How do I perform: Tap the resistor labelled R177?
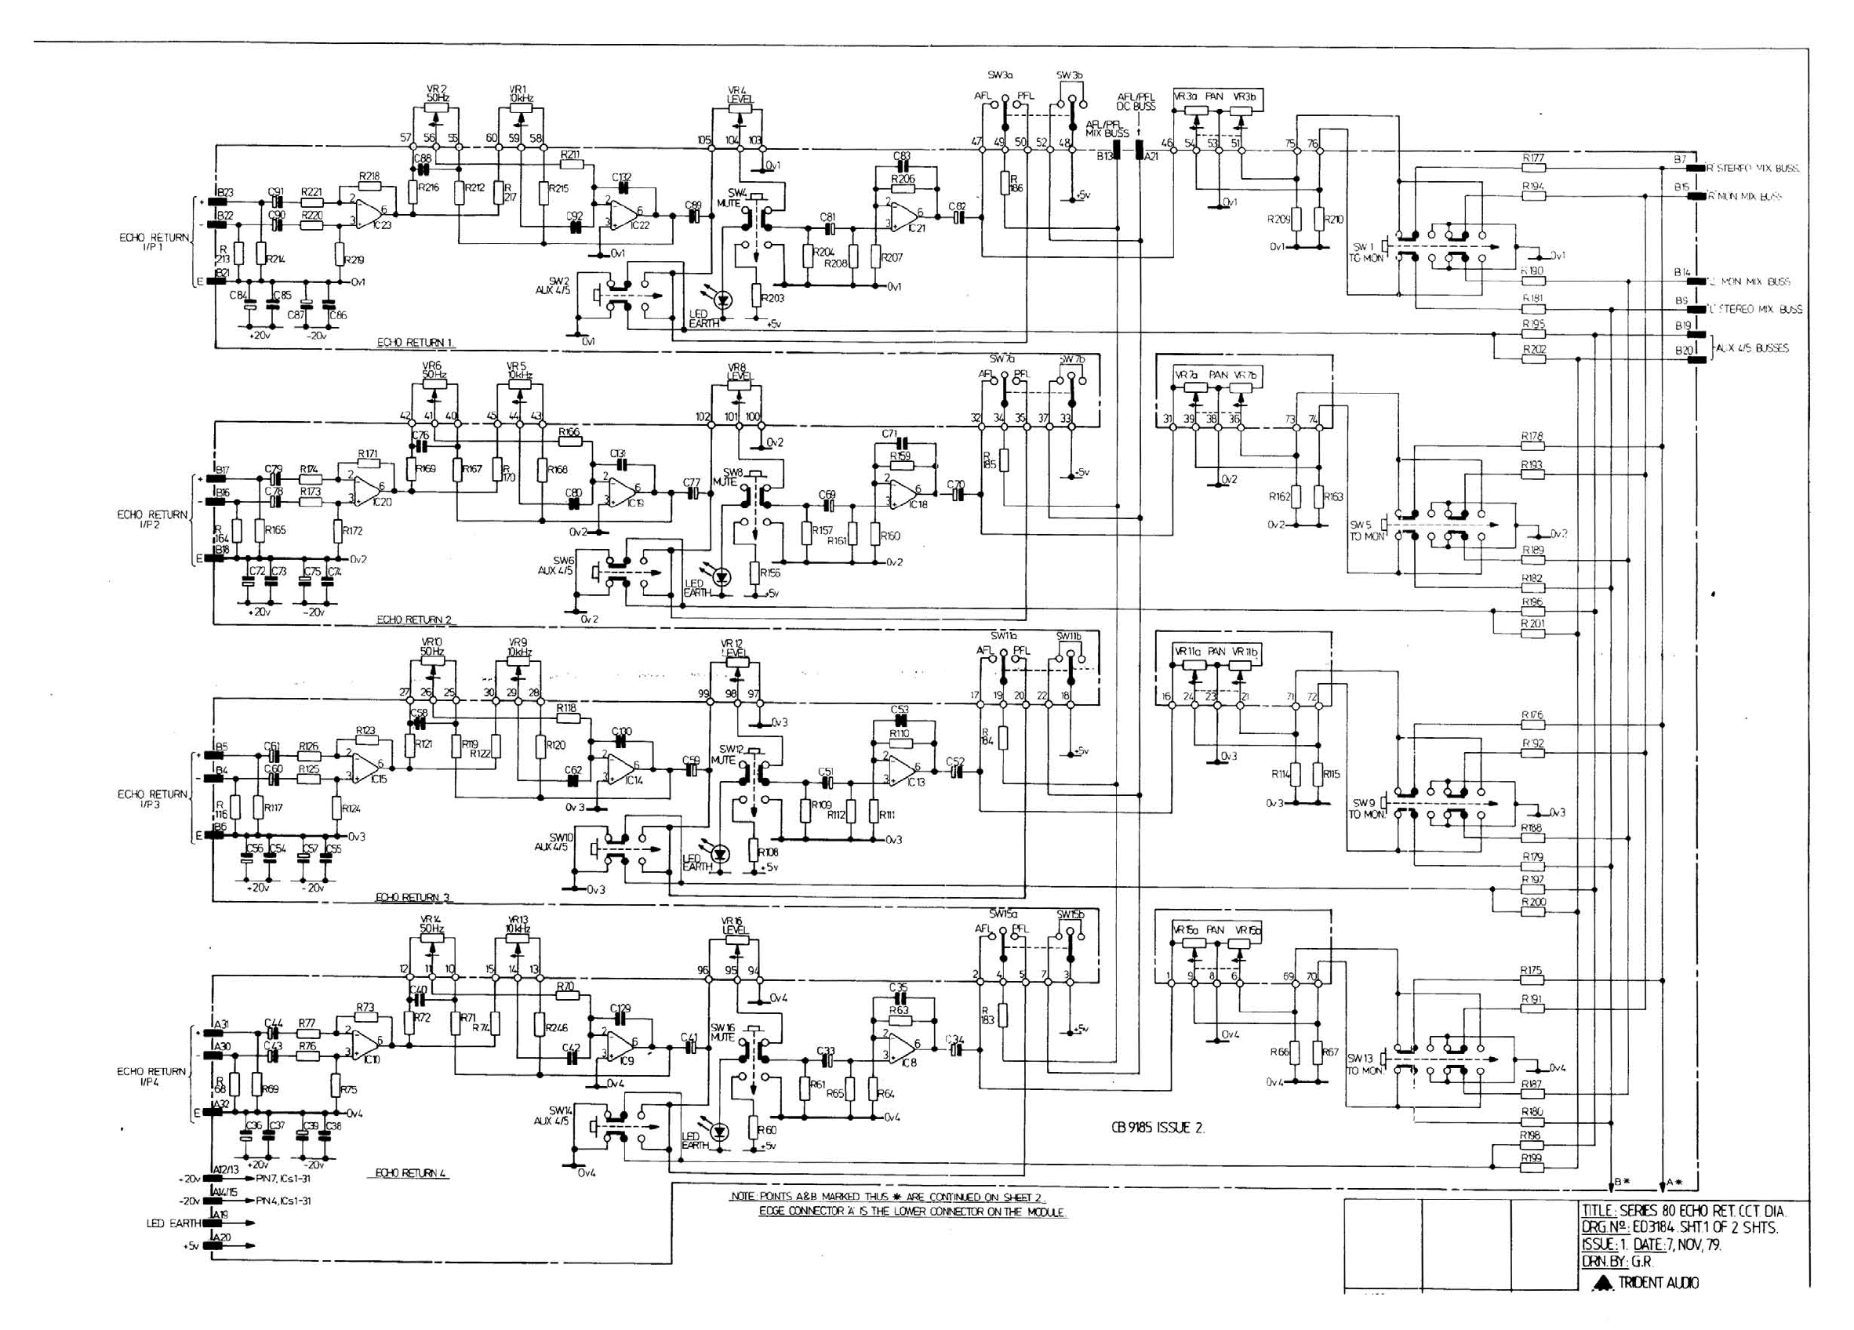pos(1532,168)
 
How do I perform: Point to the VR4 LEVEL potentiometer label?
pos(740,95)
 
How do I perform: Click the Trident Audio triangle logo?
pos(1604,1281)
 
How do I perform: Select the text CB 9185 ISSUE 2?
pos(1158,1127)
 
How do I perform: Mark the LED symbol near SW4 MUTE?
pos(722,300)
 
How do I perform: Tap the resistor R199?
pos(1532,1167)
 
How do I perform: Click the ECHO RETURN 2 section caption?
pos(413,620)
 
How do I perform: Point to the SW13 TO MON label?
pos(1364,1063)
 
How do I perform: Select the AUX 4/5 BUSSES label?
pos(1751,348)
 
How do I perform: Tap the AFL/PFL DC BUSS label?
pos(1136,101)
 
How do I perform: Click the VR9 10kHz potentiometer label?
pos(518,648)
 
